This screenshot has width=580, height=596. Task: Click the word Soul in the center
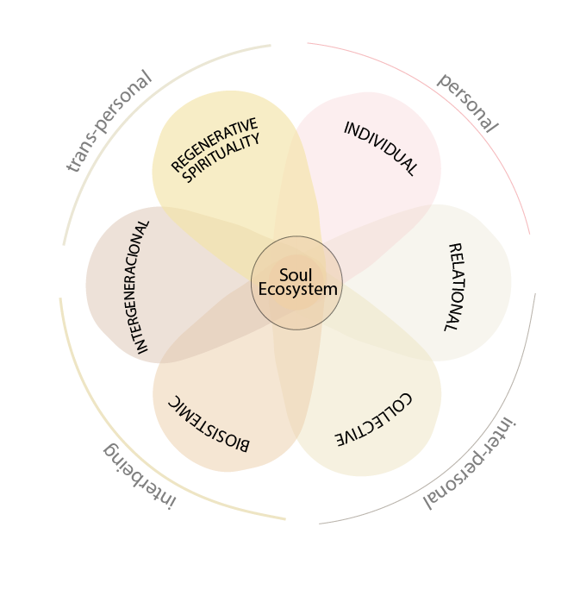pos(296,275)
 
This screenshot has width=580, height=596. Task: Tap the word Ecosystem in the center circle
pos(298,290)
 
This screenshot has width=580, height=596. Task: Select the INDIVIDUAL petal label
pos(381,148)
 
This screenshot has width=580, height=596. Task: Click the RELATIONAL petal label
pos(455,287)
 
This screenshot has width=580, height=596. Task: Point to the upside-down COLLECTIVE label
pos(373,420)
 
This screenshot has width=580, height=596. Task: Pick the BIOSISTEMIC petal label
pos(209,424)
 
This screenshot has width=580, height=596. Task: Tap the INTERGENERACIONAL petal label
pos(137,287)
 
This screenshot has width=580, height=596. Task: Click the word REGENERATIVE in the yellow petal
pos(215,144)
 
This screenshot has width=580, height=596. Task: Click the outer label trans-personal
pos(109,121)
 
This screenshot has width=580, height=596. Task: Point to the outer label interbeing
pos(140,476)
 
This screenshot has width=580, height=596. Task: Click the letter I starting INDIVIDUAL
pos(346,128)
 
